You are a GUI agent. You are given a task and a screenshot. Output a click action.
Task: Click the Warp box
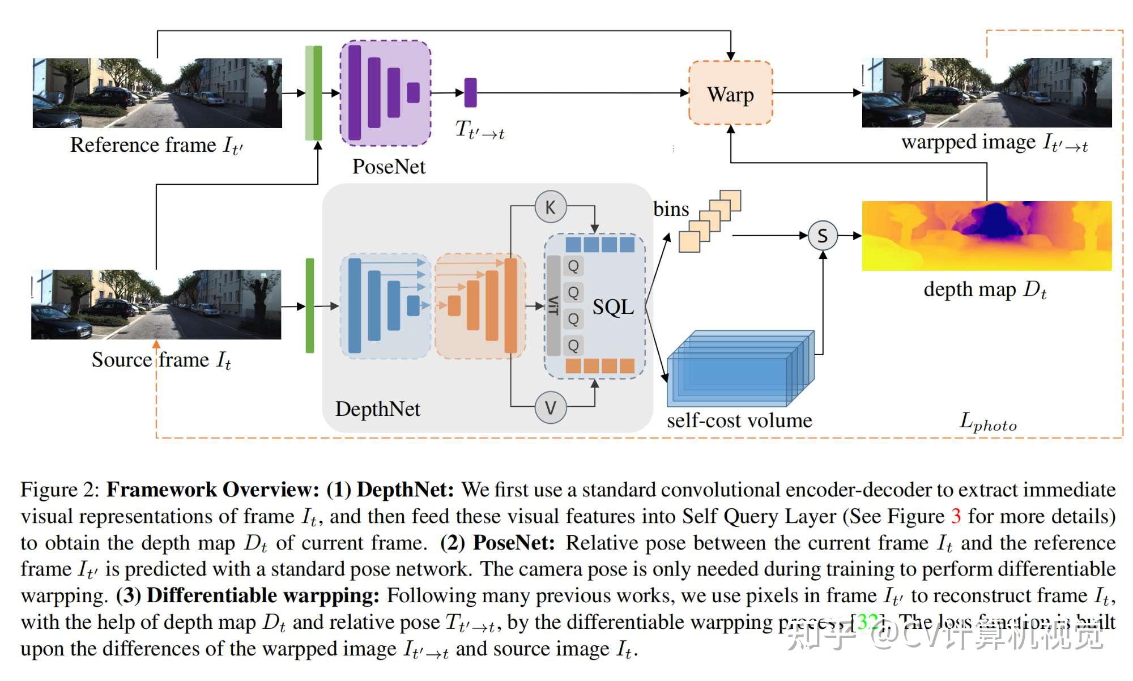coord(730,93)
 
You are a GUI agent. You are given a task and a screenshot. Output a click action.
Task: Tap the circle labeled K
coord(550,207)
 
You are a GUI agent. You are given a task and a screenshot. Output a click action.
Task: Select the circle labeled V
coord(550,407)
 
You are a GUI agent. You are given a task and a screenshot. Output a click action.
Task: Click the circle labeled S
coord(823,235)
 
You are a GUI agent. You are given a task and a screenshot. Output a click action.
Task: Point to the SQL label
coord(613,307)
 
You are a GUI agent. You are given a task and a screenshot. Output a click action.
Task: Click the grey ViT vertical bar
coord(553,305)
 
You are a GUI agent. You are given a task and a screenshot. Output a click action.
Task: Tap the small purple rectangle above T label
coord(470,92)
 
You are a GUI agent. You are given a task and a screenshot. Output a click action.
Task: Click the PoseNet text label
coord(389,167)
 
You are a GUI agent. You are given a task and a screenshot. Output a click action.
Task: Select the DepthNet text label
coord(377,409)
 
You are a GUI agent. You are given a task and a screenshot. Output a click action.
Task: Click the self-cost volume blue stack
coord(736,371)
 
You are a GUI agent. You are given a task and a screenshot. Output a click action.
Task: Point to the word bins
coord(671,209)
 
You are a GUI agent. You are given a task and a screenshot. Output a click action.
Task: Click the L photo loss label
coord(988,422)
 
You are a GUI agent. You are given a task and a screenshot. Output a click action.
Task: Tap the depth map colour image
coord(986,236)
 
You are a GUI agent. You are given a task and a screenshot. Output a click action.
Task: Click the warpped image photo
coord(986,92)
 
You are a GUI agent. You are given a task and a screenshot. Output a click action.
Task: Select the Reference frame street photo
coord(157,93)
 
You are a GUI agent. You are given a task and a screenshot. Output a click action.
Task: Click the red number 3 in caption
coord(956,516)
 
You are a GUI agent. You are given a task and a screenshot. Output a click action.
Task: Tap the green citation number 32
coord(867,622)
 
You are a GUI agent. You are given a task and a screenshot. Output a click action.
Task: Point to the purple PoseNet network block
coord(385,93)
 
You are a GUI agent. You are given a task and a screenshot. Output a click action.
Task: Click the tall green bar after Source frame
coord(310,305)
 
